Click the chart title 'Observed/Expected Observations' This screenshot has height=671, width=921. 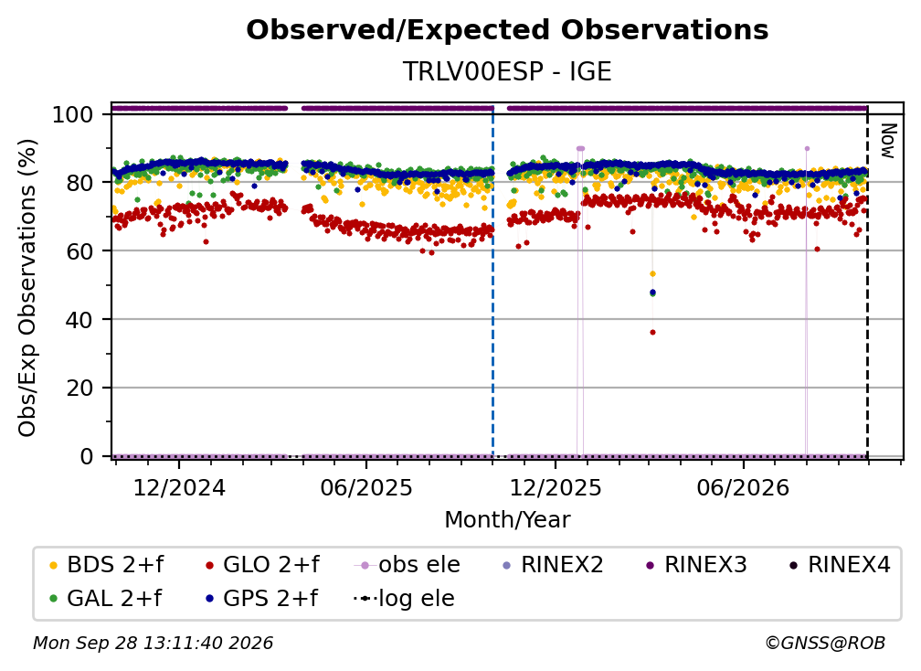coord(507,30)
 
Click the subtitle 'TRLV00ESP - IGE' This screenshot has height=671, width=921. coord(507,71)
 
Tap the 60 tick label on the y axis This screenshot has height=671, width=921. coord(79,250)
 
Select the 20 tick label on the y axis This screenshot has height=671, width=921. coord(79,388)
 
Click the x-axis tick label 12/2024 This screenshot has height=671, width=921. coord(179,487)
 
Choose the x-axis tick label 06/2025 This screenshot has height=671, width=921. coord(366,487)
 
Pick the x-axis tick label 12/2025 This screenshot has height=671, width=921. coord(556,487)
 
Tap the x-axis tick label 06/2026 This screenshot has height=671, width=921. coord(744,487)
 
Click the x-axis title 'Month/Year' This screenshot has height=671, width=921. coord(507,520)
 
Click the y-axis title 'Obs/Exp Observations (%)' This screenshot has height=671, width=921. coord(27,288)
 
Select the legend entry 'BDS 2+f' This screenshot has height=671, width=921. coord(106,565)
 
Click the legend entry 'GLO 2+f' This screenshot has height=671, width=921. coord(262,565)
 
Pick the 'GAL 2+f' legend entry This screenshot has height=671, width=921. coord(105,598)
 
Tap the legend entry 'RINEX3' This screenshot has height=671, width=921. coord(696,565)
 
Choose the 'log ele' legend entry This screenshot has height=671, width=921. coord(404,598)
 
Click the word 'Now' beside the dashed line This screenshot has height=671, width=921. coord(888,141)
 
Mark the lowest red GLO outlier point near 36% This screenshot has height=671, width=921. coord(652,333)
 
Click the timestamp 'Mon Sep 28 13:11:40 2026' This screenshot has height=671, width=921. coord(153,644)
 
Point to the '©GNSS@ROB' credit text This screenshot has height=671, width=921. coord(825,644)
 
